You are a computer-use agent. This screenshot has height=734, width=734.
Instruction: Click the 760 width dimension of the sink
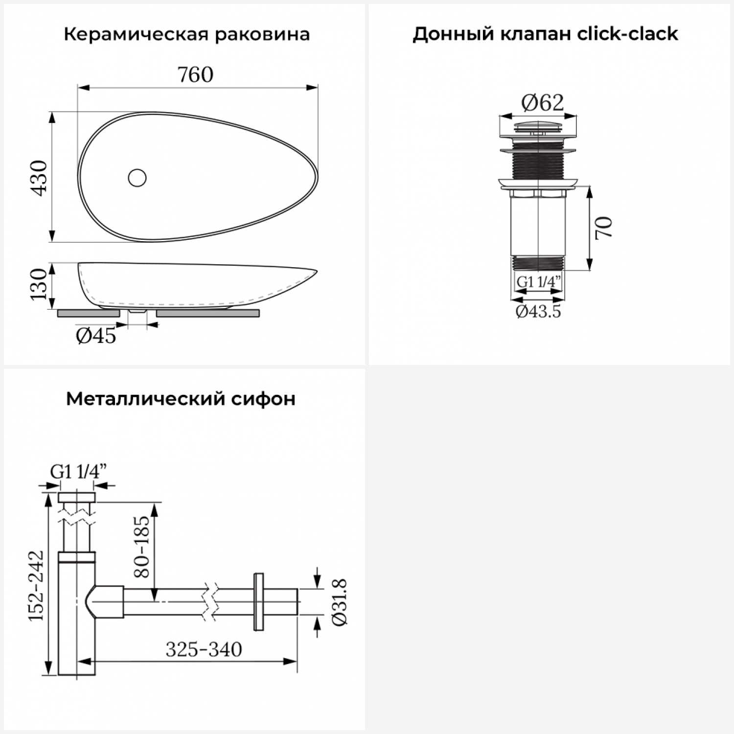[195, 75]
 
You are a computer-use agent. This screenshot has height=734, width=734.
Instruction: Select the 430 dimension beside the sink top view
[39, 178]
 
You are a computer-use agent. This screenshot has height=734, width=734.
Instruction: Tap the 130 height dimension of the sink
[39, 284]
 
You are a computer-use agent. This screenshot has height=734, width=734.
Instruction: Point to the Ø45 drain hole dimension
[96, 336]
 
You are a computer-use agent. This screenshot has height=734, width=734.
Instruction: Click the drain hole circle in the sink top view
[138, 178]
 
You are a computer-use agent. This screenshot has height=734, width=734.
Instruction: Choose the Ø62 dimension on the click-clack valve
[542, 102]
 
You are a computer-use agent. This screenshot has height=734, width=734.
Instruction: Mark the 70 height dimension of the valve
[603, 228]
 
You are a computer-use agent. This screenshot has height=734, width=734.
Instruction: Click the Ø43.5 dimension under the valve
[538, 311]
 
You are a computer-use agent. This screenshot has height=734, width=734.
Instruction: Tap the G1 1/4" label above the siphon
[78, 472]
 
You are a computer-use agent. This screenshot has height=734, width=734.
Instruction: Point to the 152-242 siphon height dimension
[36, 585]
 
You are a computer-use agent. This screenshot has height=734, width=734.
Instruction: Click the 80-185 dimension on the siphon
[141, 546]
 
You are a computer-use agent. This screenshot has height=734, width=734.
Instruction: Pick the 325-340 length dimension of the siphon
[204, 649]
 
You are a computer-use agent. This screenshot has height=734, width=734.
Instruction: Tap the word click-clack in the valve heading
[627, 34]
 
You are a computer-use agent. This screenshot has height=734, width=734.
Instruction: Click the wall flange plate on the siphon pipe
[258, 601]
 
